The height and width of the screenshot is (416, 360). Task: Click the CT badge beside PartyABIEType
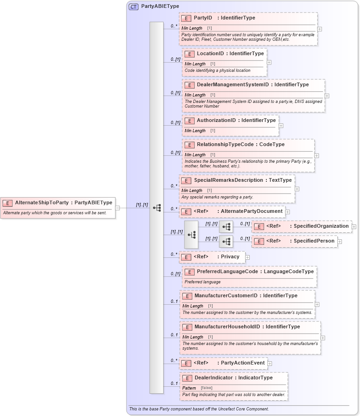pyautogui.click(x=133, y=6)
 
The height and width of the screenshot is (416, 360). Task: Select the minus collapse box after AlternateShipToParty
pyautogui.click(x=117, y=208)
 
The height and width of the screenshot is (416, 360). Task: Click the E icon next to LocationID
pyautogui.click(x=189, y=54)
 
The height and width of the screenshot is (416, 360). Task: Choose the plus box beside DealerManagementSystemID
pyautogui.click(x=327, y=96)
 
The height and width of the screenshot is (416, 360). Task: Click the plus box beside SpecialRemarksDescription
pyautogui.click(x=297, y=189)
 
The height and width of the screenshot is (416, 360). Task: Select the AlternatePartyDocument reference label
pyautogui.click(x=252, y=211)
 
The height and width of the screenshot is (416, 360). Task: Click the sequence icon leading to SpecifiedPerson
pyautogui.click(x=226, y=242)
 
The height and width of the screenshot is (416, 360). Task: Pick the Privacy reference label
pyautogui.click(x=230, y=256)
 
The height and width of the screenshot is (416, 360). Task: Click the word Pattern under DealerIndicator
pyautogui.click(x=189, y=388)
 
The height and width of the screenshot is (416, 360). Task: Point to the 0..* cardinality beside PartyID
pyautogui.click(x=174, y=26)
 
